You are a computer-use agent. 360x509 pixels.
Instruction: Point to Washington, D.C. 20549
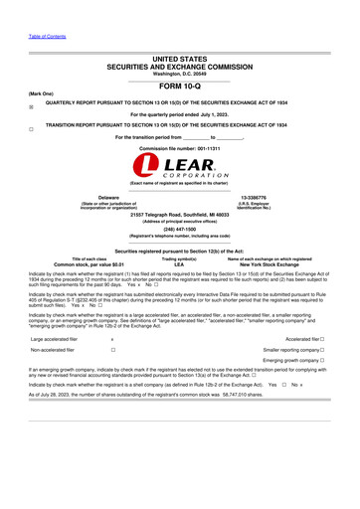coord(179,75)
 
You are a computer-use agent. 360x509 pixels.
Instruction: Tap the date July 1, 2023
coord(220,115)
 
